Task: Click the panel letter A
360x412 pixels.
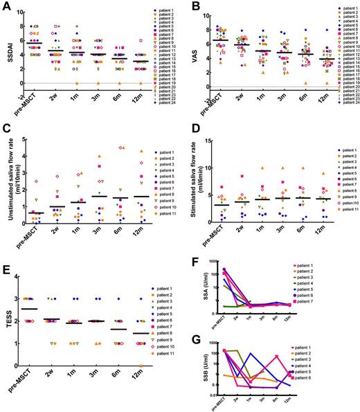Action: click(6, 6)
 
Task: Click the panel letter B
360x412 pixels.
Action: click(185, 6)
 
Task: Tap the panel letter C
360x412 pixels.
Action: click(6, 134)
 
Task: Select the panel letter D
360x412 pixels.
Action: click(185, 134)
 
